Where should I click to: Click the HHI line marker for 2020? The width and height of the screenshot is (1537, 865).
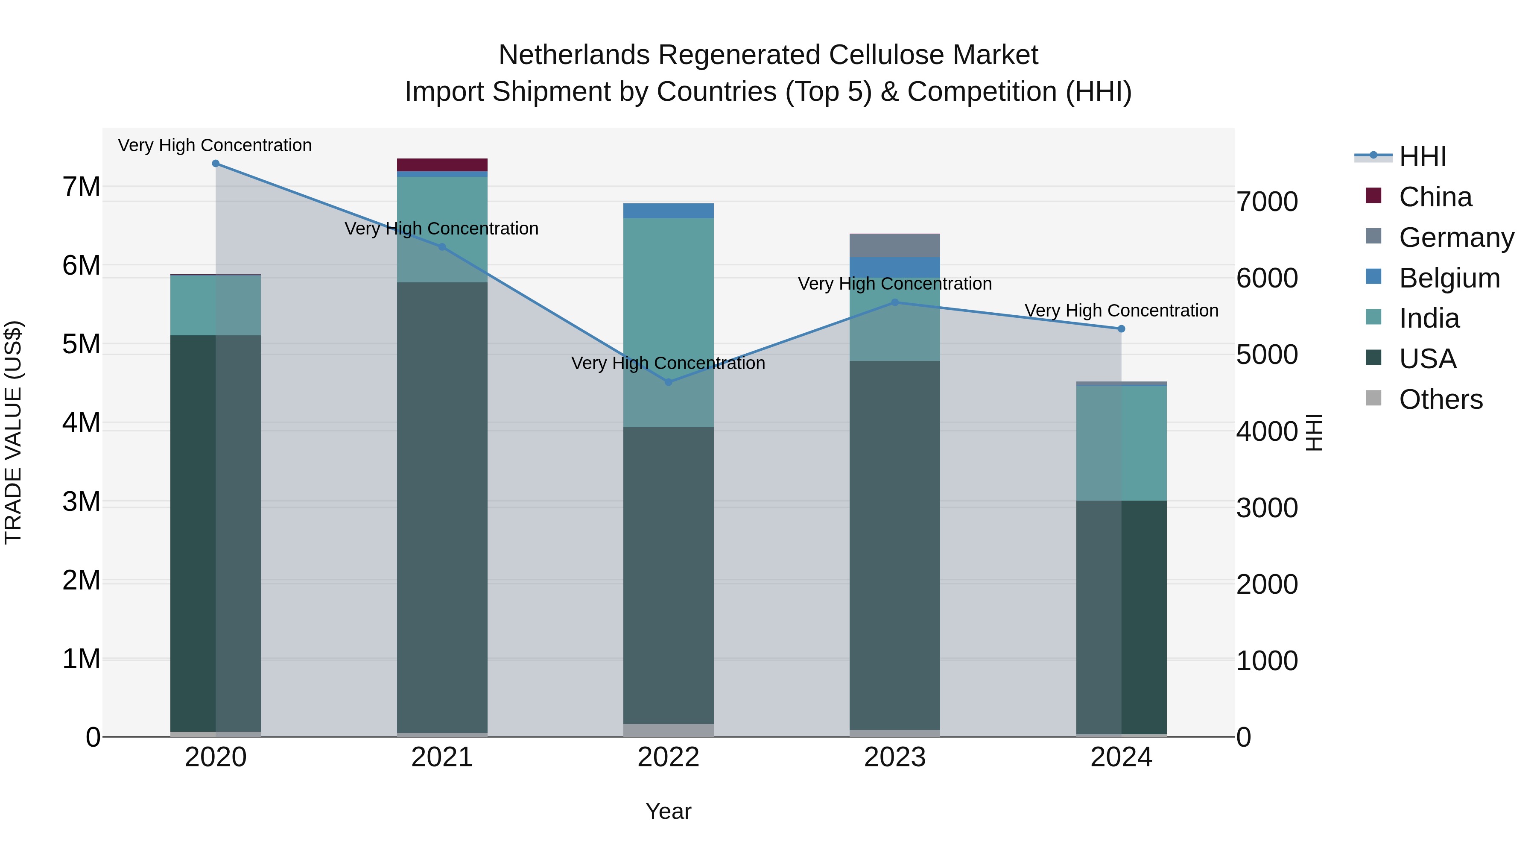click(x=216, y=164)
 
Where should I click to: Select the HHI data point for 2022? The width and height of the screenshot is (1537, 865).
click(x=668, y=382)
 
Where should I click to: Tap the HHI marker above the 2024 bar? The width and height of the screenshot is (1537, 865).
click(x=1121, y=329)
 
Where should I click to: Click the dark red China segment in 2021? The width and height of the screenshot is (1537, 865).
click(x=442, y=165)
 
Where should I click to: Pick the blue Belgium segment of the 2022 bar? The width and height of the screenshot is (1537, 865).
click(x=668, y=211)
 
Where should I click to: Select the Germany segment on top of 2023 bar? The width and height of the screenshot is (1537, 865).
click(x=894, y=245)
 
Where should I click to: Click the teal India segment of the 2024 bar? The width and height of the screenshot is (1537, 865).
click(x=1121, y=443)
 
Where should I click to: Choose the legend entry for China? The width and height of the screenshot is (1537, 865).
click(x=1435, y=197)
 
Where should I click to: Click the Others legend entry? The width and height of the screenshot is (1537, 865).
click(x=1441, y=399)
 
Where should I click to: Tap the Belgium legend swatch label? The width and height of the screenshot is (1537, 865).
click(x=1449, y=278)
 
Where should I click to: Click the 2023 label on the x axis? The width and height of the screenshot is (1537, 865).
click(x=894, y=757)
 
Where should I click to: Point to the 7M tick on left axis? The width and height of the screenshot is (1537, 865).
click(x=81, y=187)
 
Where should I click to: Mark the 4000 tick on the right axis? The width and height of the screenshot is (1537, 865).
click(x=1267, y=431)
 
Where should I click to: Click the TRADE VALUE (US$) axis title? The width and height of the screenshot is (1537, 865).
click(x=13, y=432)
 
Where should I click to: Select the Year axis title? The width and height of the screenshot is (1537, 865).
click(x=668, y=811)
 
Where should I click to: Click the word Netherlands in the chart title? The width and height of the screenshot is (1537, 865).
click(x=573, y=55)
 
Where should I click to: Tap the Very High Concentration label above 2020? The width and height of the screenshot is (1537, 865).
click(x=215, y=145)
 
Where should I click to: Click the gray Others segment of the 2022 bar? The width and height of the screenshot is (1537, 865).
click(x=668, y=730)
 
